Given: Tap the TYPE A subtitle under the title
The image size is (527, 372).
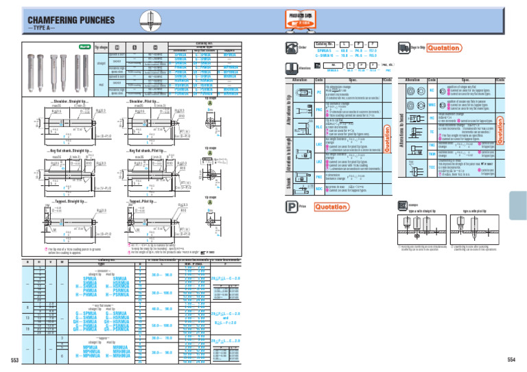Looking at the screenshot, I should pyautogui.click(x=43, y=34).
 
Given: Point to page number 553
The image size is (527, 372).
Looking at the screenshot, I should pyautogui.click(x=14, y=360).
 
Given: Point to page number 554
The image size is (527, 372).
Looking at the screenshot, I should pyautogui.click(x=511, y=360).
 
